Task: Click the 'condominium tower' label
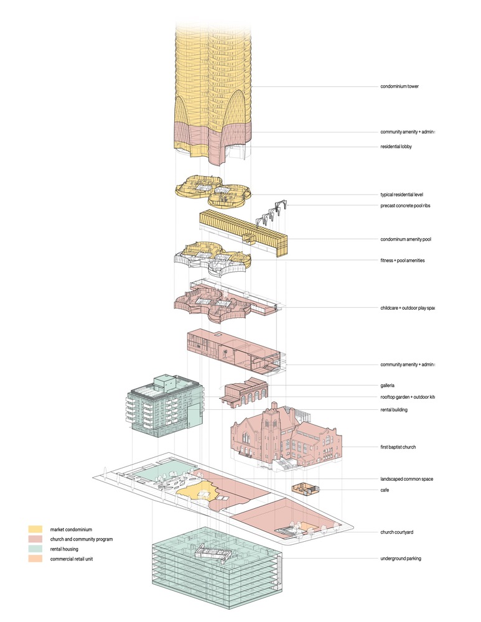click(399, 86)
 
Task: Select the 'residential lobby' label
click(397, 147)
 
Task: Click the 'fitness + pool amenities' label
click(403, 261)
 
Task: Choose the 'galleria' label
click(388, 386)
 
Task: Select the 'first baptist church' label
click(399, 447)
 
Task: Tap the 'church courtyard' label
click(398, 532)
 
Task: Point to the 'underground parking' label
click(401, 559)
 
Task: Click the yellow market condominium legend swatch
click(35, 529)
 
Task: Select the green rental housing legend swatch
click(35, 549)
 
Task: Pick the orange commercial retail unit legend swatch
click(35, 559)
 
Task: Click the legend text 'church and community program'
click(80, 539)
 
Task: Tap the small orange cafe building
click(304, 489)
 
